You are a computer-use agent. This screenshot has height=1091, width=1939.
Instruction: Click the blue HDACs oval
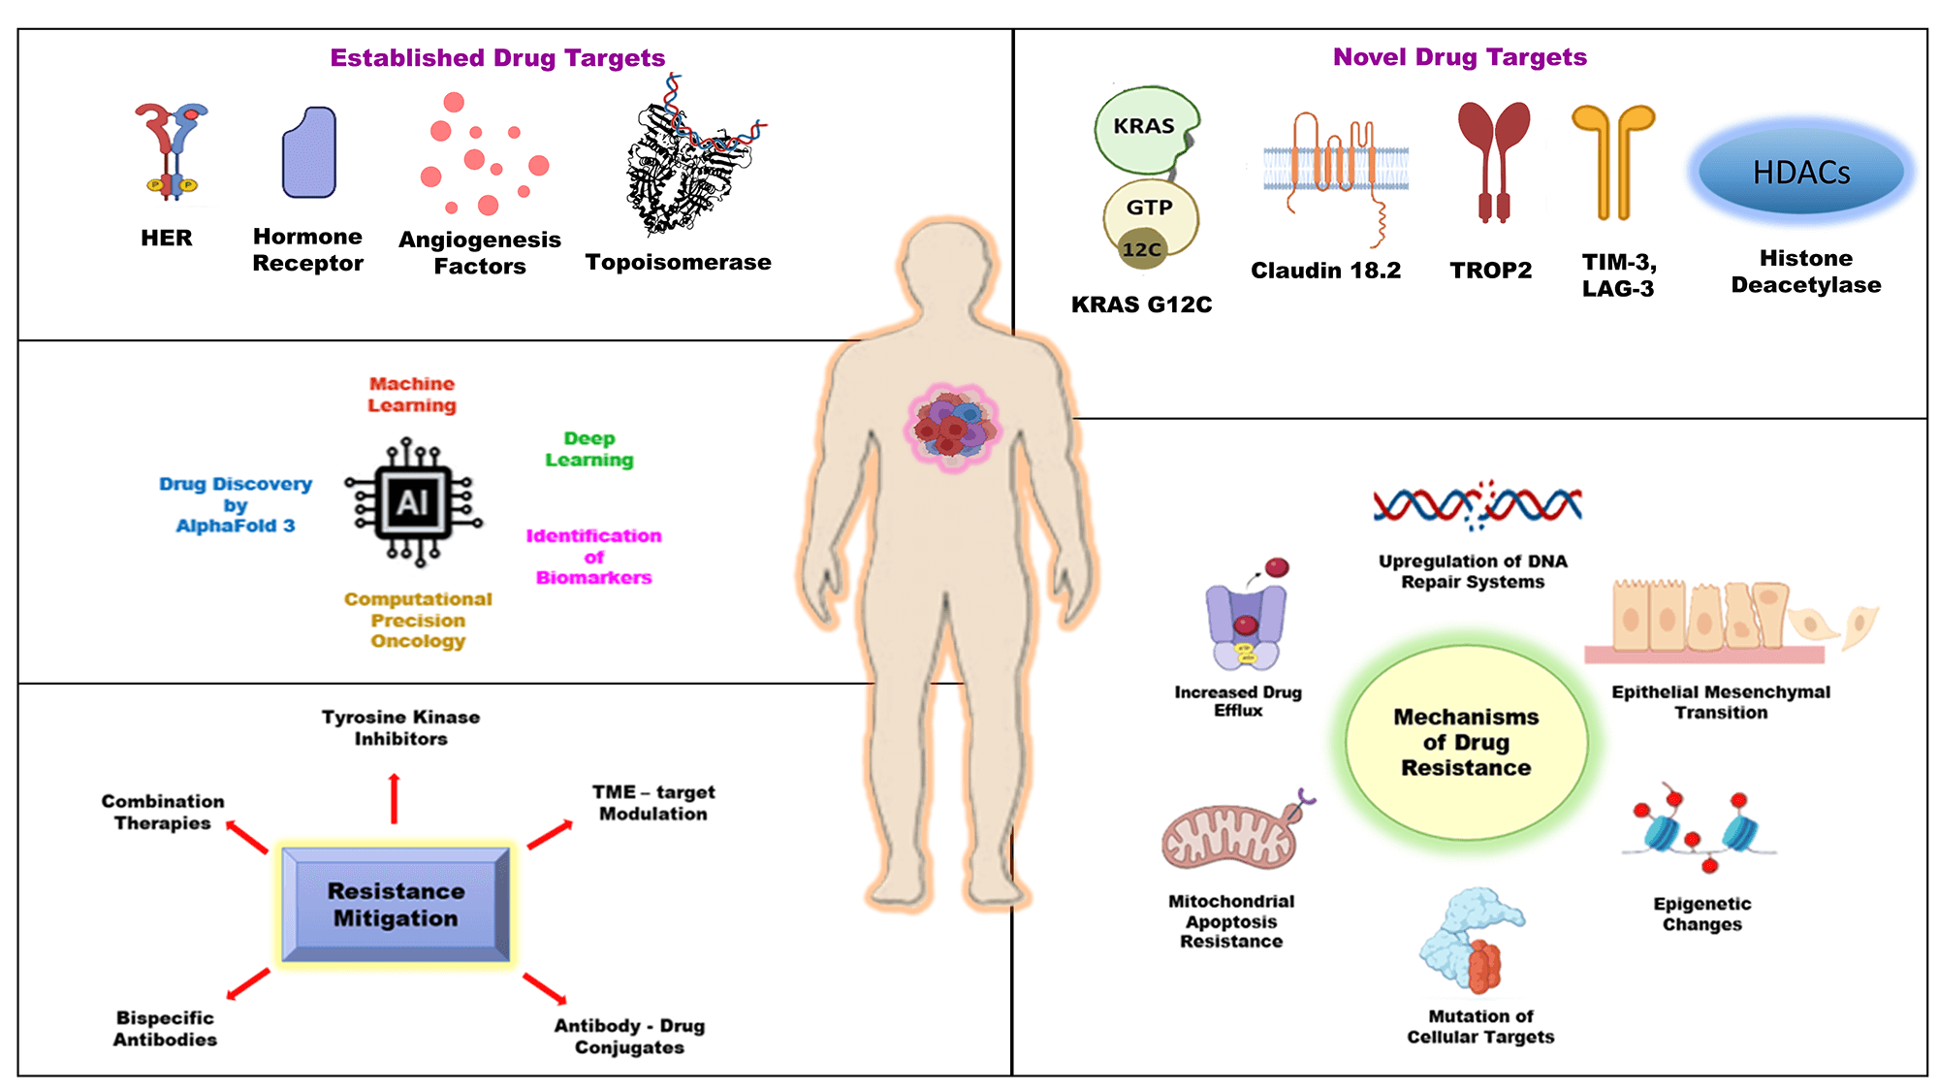1801,172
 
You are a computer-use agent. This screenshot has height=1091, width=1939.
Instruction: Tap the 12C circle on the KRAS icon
1141,249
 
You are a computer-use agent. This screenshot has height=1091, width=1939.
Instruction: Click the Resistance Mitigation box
396,904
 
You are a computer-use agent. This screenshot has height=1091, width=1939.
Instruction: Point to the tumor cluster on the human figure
953,424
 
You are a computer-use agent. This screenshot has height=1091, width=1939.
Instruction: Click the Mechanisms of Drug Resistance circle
1466,742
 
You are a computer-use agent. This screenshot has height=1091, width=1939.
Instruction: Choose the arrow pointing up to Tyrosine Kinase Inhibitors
394,798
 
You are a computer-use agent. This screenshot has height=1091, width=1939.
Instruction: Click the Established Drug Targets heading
497,58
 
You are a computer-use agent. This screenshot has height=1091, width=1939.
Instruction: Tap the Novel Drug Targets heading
1459,57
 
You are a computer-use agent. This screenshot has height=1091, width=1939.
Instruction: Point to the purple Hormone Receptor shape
309,153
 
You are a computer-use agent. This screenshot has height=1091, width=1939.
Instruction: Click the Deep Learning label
589,449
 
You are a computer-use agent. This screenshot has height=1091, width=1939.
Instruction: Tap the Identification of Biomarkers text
593,557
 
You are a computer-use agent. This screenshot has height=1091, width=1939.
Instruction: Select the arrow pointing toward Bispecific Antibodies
248,983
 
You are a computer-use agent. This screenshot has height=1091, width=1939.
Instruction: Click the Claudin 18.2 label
1325,271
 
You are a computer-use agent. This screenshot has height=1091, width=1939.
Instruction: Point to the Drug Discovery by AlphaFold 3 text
236,504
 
